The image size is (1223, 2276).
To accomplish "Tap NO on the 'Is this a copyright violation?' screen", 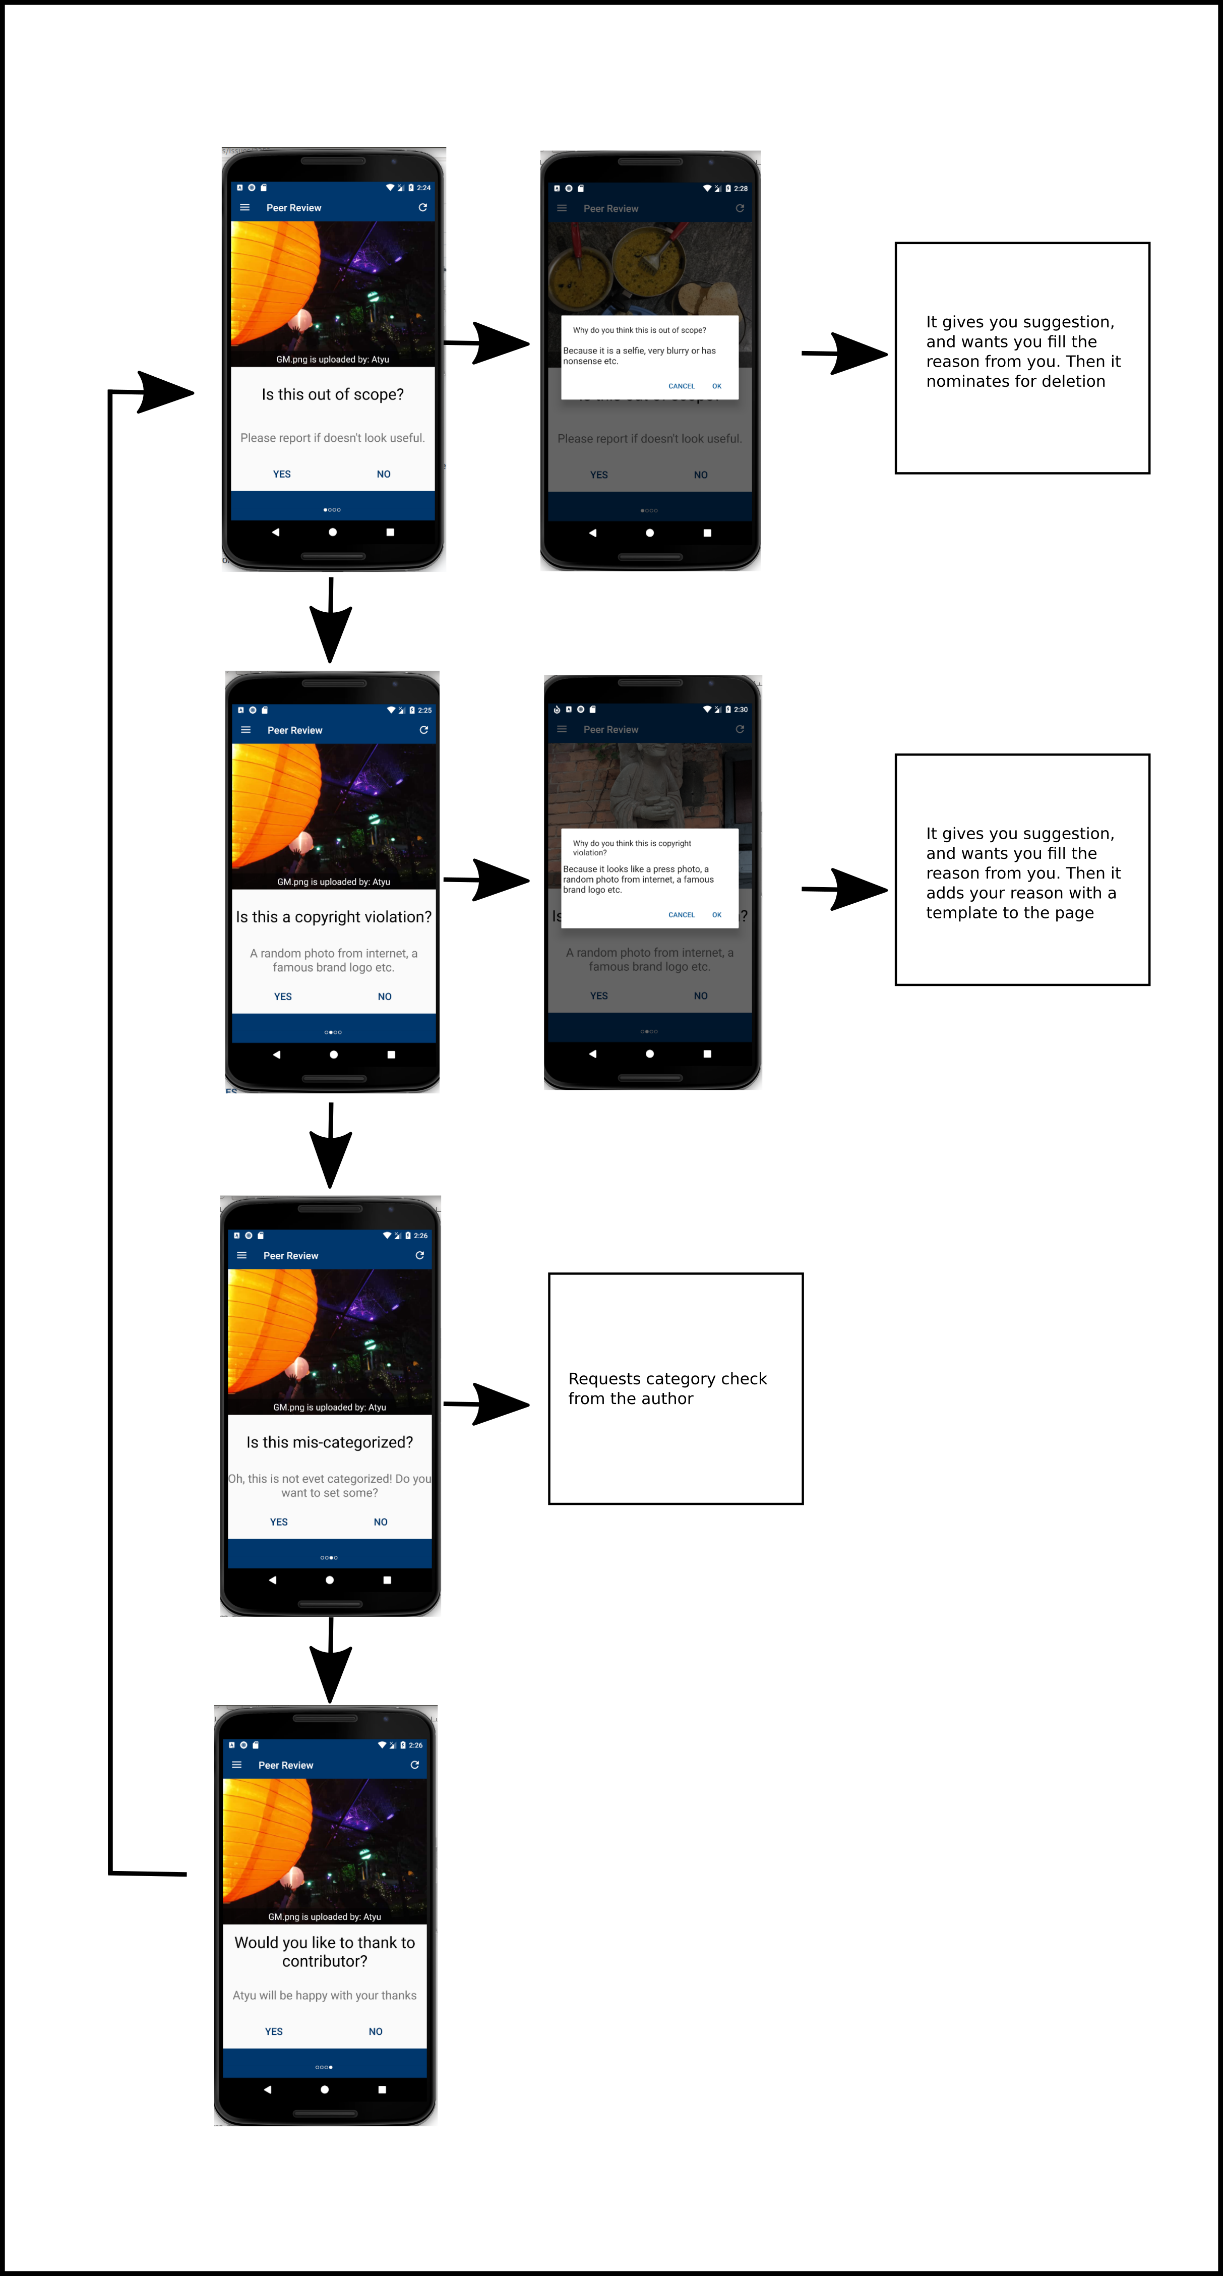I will pos(384,997).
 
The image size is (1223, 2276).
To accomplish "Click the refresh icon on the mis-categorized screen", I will pos(419,1256).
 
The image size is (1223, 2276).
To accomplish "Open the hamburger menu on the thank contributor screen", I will pos(236,1765).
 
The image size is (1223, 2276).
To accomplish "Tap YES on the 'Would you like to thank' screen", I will pos(274,2031).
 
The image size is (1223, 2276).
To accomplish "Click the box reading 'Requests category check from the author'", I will pos(676,1388).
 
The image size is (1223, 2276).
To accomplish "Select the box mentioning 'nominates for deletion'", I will pos(1022,358).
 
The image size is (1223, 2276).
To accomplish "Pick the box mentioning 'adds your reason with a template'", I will pos(1022,869).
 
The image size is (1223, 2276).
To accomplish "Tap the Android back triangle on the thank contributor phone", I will pos(268,2089).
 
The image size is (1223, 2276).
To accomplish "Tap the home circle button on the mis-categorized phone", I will pos(329,1580).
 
